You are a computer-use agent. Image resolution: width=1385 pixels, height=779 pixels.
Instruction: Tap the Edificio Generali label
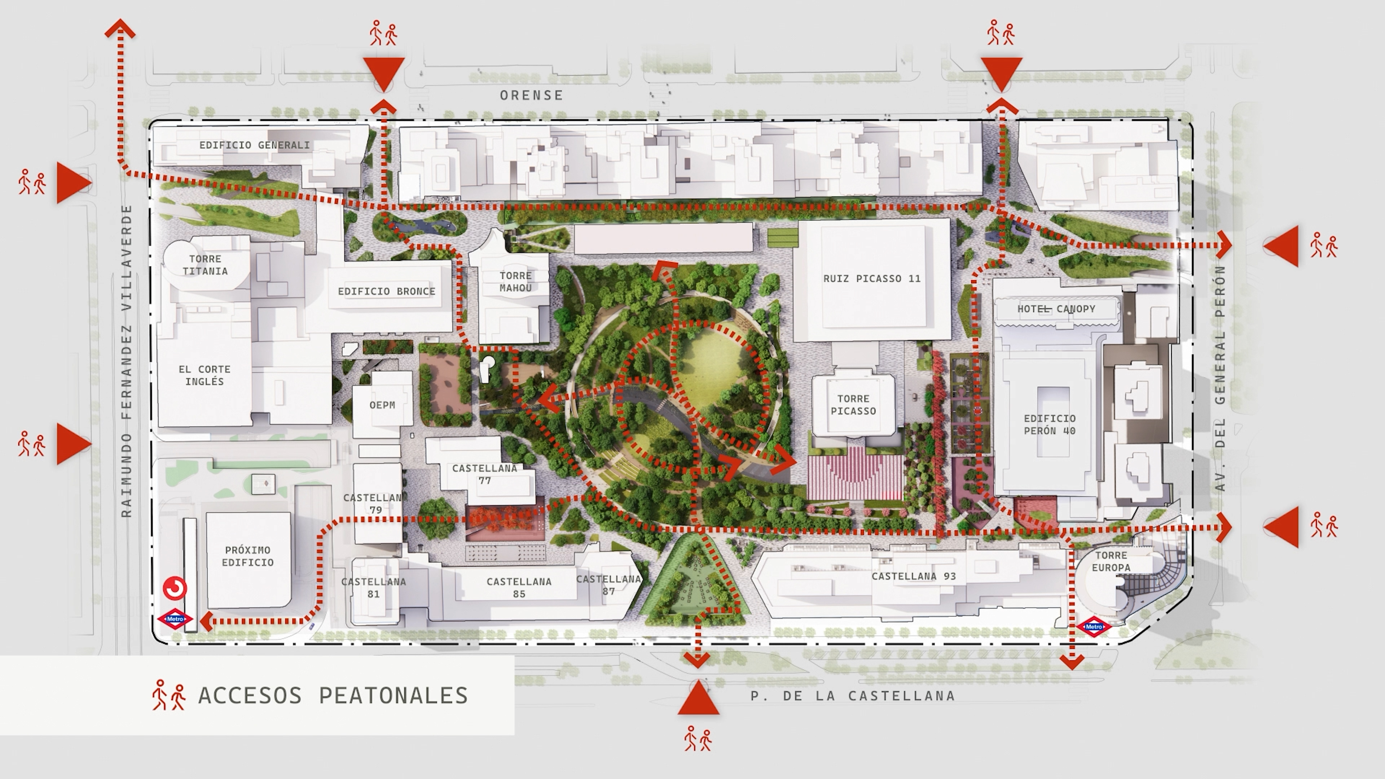(x=254, y=145)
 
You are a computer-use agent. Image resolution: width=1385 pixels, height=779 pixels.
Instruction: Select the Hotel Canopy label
(x=1056, y=309)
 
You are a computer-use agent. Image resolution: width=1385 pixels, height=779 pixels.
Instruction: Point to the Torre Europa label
(x=1111, y=561)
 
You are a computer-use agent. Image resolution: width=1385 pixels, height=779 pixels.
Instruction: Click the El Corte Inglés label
(x=204, y=375)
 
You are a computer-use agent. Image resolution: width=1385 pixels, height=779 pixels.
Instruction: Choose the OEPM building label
(x=382, y=405)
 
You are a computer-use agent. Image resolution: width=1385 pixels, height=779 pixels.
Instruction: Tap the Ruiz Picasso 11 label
(x=871, y=278)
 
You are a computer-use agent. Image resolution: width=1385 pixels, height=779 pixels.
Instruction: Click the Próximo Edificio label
(x=247, y=556)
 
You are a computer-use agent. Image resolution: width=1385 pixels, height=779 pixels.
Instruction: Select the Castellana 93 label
(x=914, y=576)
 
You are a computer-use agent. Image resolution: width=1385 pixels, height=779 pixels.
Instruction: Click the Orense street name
(x=531, y=96)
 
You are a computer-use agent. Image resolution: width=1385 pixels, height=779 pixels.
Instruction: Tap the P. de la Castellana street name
(x=853, y=696)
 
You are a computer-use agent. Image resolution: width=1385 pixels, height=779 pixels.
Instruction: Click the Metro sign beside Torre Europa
(x=1094, y=627)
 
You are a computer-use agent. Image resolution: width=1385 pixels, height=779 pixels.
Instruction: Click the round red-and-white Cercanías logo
(x=175, y=588)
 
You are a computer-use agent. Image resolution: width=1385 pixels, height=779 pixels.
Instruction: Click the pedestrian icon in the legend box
(x=169, y=695)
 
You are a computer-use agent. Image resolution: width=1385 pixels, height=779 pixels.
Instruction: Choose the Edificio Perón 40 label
(x=1050, y=424)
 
